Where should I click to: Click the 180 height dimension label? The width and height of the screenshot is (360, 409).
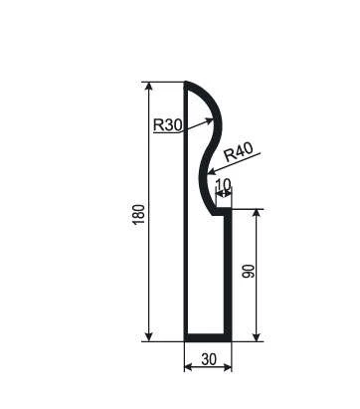point(139,214)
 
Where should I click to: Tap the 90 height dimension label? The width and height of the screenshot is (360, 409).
point(249,271)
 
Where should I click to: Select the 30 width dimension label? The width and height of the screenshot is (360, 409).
point(209,359)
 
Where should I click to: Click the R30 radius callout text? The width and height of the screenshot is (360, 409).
point(168,125)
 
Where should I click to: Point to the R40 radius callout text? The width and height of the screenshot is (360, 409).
point(238,152)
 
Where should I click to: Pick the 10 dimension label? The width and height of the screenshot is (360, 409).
point(223,184)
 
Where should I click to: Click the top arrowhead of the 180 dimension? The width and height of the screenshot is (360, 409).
point(149,87)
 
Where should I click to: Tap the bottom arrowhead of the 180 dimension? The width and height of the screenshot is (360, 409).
point(149,336)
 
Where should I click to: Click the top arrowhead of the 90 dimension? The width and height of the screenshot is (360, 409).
point(257,214)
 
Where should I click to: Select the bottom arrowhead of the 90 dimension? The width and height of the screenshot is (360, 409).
point(257,336)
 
